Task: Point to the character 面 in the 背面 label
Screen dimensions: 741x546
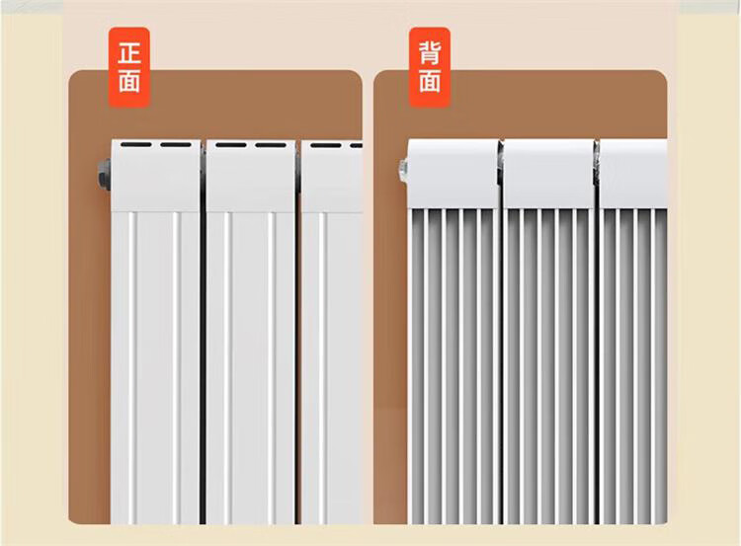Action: tap(429, 80)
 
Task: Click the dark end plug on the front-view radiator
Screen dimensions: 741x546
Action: tap(103, 176)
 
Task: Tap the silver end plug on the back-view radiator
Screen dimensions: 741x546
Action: tap(403, 172)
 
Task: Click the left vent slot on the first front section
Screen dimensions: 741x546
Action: tap(137, 146)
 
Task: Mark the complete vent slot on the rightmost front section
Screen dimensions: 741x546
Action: tap(325, 146)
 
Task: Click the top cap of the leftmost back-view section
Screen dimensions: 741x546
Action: tap(453, 173)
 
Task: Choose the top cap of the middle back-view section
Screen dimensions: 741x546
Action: tap(549, 173)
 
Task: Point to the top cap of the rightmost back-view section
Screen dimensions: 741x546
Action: tap(633, 173)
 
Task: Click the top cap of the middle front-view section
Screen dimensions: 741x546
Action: tap(250, 178)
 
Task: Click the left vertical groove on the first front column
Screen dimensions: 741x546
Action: tap(128, 365)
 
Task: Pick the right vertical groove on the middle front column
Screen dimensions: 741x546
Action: tap(272, 365)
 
